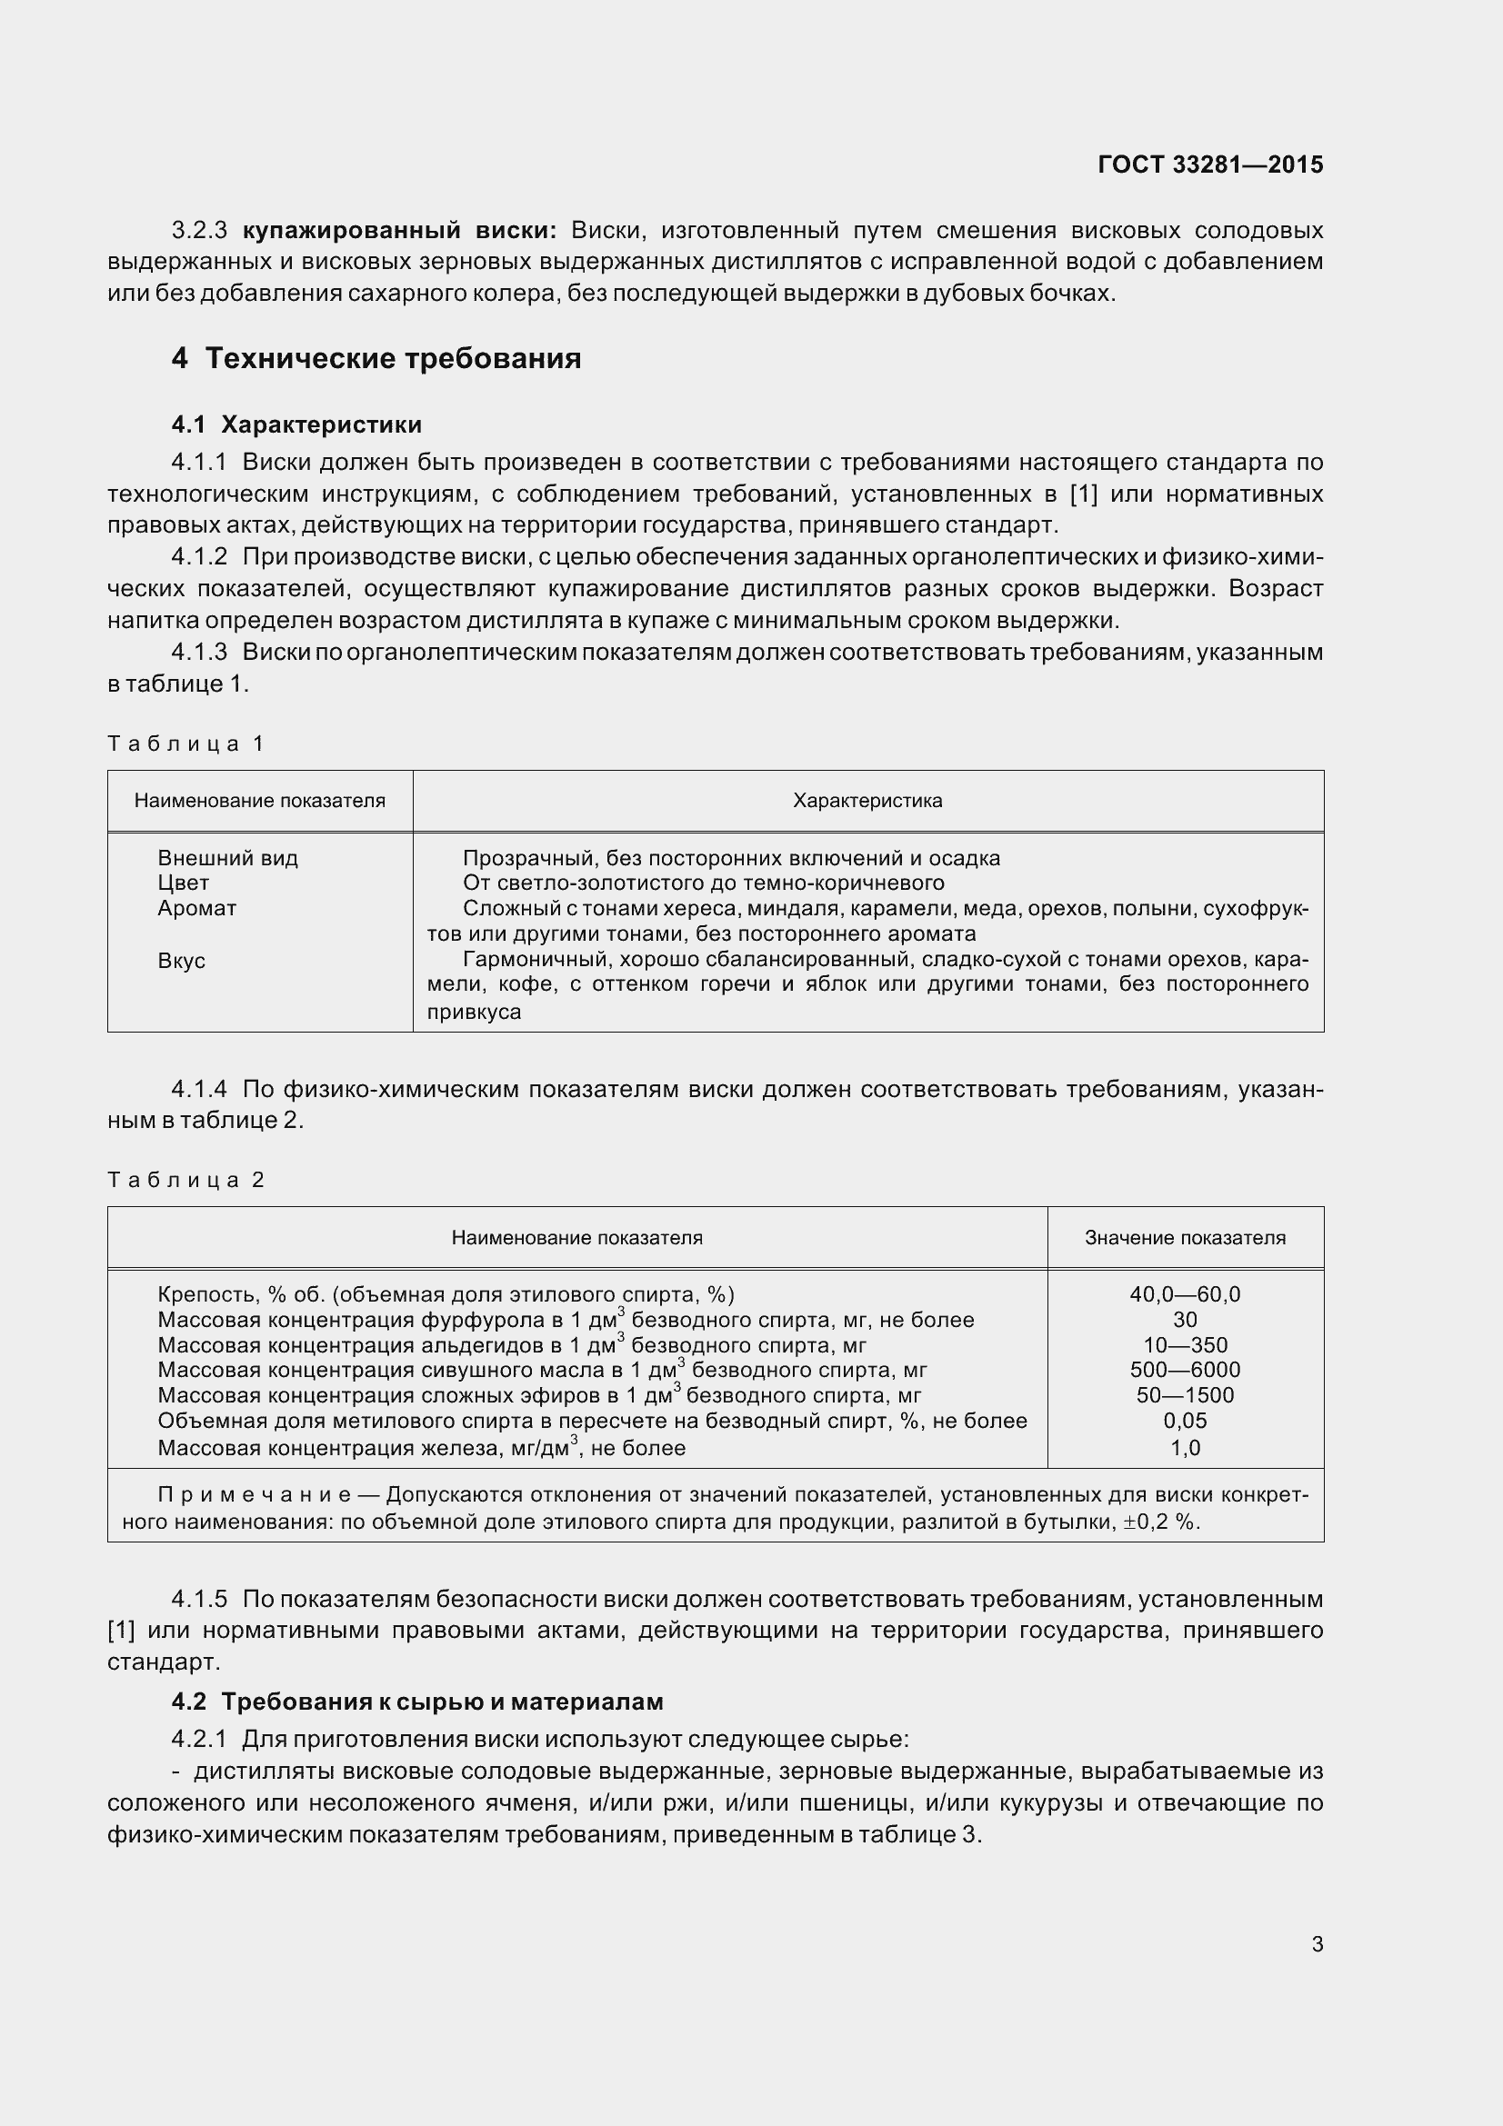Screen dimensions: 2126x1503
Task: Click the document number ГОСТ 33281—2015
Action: coord(1209,165)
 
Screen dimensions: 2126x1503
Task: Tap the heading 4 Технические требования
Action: coord(376,358)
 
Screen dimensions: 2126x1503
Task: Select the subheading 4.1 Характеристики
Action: coord(296,425)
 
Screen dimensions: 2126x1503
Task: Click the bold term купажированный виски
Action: coord(399,230)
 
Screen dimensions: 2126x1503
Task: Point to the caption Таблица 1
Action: coord(186,744)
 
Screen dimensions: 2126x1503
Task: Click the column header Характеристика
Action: coord(867,801)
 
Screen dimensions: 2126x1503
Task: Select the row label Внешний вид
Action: coord(228,858)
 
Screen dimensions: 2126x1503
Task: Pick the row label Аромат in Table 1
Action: coord(196,908)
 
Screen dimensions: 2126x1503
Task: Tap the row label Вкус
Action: coord(182,960)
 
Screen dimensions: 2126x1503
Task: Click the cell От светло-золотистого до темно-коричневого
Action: coord(703,883)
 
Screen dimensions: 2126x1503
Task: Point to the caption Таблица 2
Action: coord(186,1180)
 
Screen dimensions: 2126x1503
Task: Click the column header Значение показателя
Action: coord(1185,1238)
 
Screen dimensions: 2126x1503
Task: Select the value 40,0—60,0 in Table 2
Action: coord(1185,1294)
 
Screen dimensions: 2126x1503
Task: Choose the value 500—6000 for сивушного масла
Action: coord(1185,1370)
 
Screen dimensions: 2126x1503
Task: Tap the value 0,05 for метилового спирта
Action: coord(1185,1421)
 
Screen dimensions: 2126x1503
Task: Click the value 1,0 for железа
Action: coord(1185,1448)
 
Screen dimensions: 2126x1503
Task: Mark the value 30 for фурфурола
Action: coord(1185,1321)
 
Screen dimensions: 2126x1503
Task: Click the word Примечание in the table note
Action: coord(254,1495)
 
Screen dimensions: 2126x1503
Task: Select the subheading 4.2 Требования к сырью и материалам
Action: coord(416,1702)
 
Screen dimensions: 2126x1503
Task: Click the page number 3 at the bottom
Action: coord(1317,1944)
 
